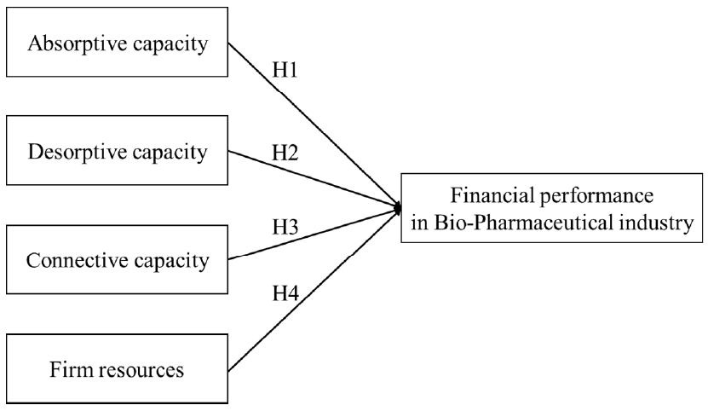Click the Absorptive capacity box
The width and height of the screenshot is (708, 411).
coord(117,43)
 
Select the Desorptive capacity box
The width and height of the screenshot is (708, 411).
coord(117,152)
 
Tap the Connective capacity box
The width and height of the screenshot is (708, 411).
coord(117,260)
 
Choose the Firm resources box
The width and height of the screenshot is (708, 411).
coord(117,370)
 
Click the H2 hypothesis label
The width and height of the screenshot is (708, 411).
coord(286,153)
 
